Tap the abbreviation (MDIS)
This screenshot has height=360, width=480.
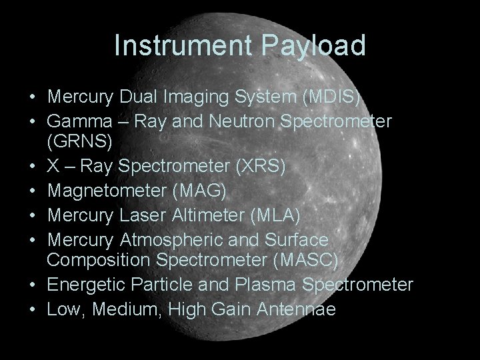(331, 97)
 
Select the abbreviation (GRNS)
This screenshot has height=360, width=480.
(81, 142)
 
